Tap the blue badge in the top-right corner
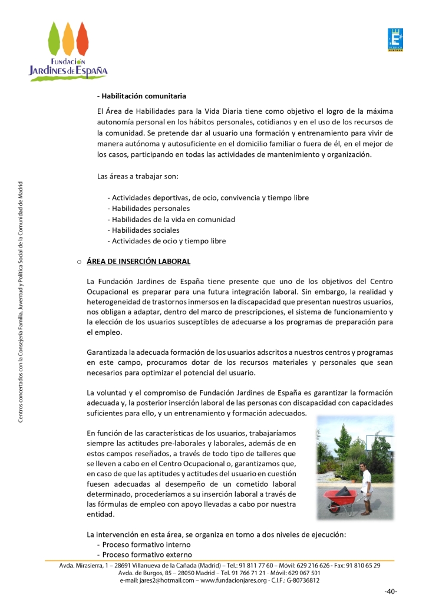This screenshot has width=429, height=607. tap(395, 40)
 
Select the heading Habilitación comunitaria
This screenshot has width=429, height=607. tap(142, 95)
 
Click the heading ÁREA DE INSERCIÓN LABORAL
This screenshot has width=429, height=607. tap(138, 261)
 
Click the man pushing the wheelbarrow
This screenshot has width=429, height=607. tap(366, 484)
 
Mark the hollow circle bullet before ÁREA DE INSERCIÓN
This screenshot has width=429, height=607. tap(78, 262)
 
